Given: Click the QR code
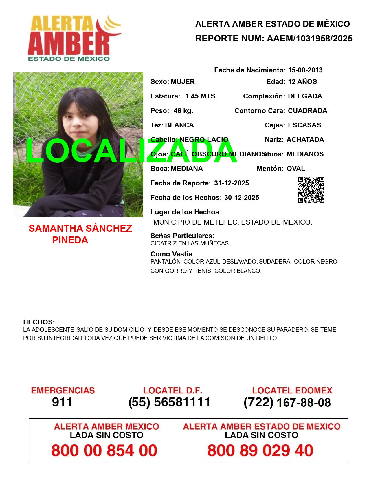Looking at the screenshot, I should (x=311, y=190).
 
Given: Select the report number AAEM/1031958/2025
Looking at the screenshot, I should (x=309, y=39).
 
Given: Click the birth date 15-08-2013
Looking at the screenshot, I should (x=305, y=70).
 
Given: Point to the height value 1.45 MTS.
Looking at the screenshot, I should (x=201, y=96).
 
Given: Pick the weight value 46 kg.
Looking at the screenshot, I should (x=183, y=111).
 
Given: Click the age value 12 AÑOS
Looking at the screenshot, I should (x=302, y=82).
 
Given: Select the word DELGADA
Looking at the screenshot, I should (x=305, y=96).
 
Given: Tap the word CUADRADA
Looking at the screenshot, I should (x=307, y=111).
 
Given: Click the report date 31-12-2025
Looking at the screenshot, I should (x=232, y=183).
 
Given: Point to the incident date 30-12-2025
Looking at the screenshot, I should (x=242, y=198).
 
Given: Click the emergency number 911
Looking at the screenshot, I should (x=62, y=402).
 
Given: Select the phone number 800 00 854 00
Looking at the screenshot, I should (x=104, y=450).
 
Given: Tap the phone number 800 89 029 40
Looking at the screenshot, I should (x=260, y=450).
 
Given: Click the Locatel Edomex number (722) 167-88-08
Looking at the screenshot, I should (x=287, y=402).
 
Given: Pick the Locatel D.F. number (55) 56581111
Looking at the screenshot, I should (x=170, y=402).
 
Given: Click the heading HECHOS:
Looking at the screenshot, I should (x=39, y=322).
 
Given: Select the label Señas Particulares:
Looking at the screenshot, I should (x=182, y=236).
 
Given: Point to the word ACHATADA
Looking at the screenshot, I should (x=305, y=140).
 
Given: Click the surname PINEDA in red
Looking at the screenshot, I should (x=70, y=240).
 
